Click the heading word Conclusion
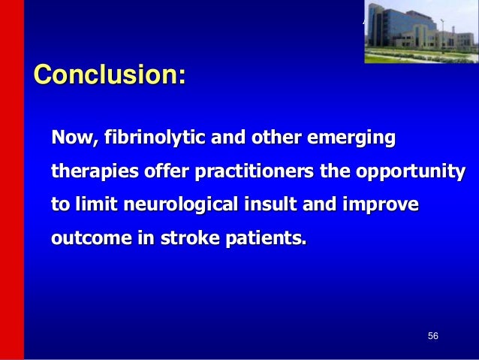(106, 74)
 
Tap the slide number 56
(433, 336)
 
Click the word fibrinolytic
(155, 137)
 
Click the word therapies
(95, 171)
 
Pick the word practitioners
(255, 171)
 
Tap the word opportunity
(411, 171)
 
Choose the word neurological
(181, 204)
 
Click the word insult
(270, 204)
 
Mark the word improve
(381, 204)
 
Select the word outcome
(92, 237)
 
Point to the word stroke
(190, 237)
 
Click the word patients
(266, 237)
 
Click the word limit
(96, 204)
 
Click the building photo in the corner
(422, 32)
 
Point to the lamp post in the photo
(442, 35)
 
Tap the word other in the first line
(276, 138)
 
